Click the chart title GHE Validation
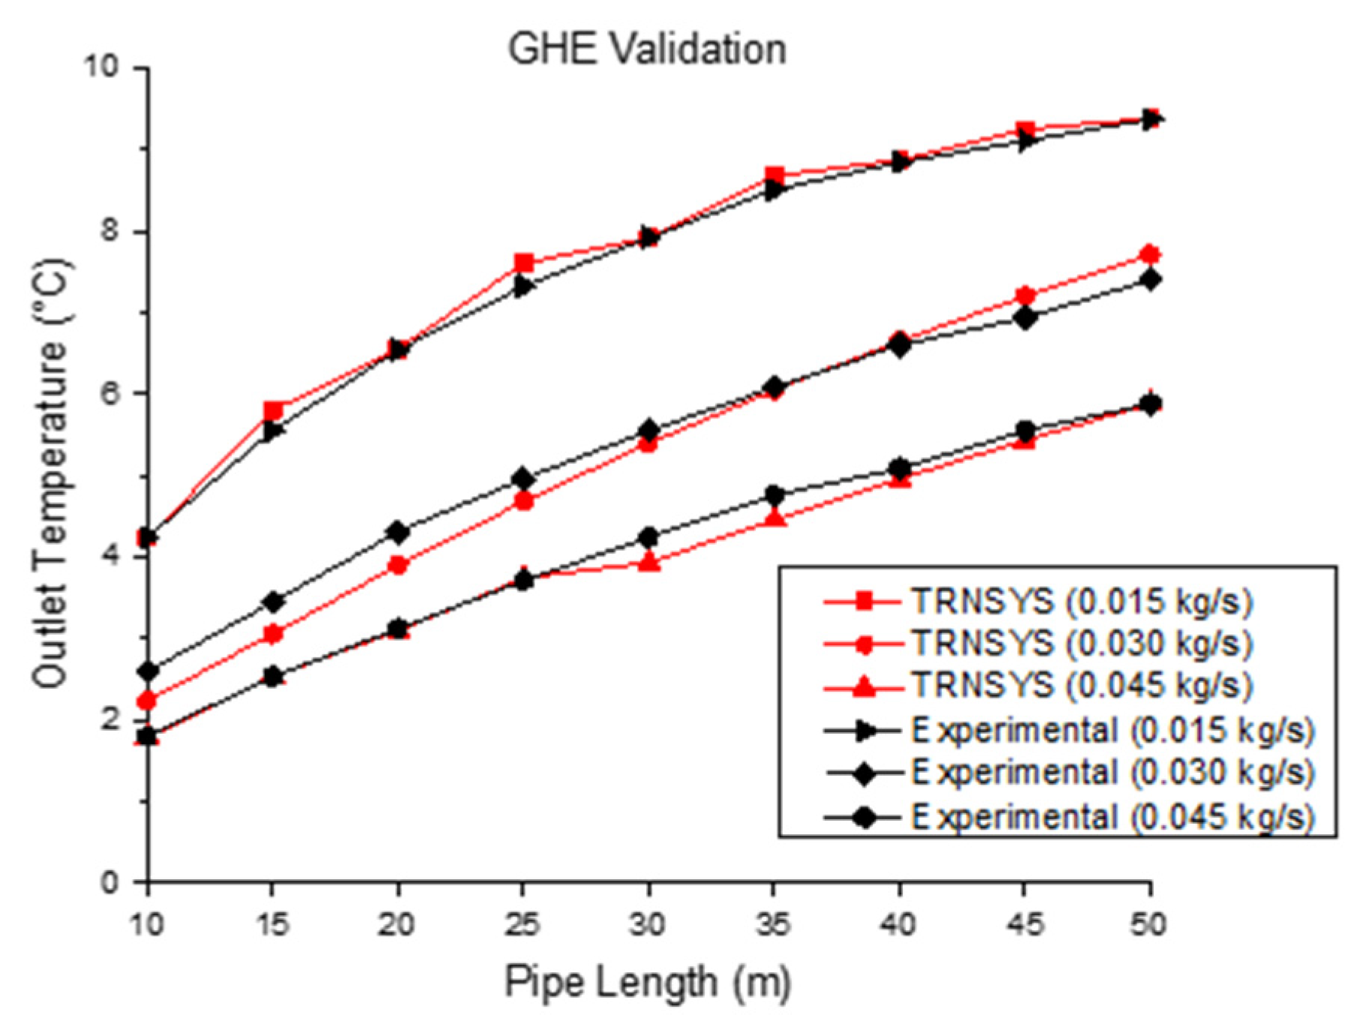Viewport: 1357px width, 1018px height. tap(647, 50)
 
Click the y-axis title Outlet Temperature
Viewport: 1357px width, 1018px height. tap(51, 474)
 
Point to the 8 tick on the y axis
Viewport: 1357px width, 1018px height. tap(110, 230)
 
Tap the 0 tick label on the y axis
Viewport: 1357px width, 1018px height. tap(110, 882)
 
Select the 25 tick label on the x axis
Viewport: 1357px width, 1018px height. tap(522, 924)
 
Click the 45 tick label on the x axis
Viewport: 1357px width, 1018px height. tap(1025, 924)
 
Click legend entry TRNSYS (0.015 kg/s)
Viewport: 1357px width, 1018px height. tap(1082, 601)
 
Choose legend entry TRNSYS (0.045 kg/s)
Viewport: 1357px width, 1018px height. tap(1082, 686)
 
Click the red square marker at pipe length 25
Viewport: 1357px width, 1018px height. tap(524, 263)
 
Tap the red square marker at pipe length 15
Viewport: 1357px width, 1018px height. tap(273, 410)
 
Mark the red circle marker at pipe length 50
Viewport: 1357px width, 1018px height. tap(1150, 255)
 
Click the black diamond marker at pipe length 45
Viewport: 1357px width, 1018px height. tap(1025, 318)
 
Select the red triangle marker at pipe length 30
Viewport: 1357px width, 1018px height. tap(650, 562)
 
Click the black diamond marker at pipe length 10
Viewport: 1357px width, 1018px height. tap(149, 671)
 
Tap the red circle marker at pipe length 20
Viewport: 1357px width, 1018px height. tap(399, 565)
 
